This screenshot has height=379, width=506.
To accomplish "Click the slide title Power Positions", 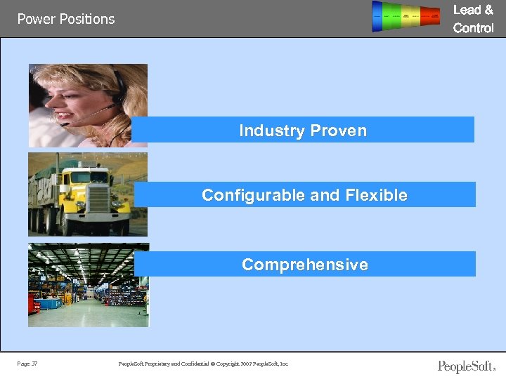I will (66, 19).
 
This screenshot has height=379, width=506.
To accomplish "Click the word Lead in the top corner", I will (468, 10).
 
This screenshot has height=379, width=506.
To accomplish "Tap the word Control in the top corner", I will (473, 28).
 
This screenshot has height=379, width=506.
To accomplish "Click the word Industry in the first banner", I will (271, 131).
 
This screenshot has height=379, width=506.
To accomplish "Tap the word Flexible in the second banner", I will (372, 195).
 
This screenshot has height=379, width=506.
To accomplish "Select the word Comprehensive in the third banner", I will (304, 265).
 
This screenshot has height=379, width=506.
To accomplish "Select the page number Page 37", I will (28, 364).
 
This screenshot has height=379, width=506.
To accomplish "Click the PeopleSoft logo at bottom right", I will (466, 366).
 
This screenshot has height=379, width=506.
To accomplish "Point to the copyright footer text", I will (204, 364).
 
